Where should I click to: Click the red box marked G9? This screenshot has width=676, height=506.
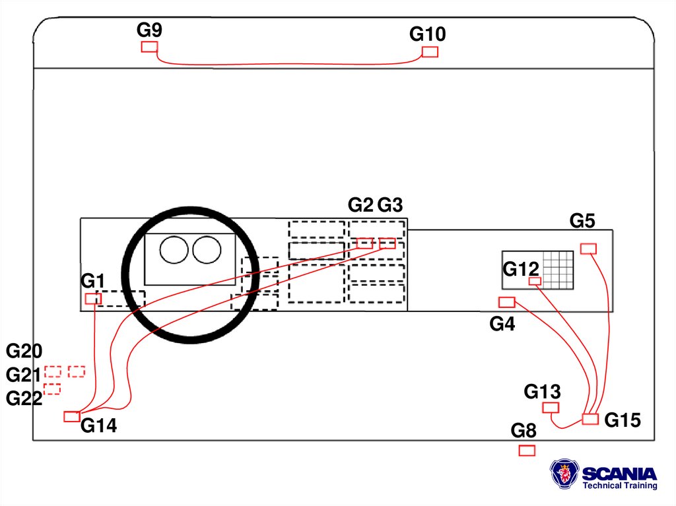click(150, 47)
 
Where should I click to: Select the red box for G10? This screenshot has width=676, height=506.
click(430, 52)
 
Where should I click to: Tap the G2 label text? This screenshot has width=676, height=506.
click(360, 205)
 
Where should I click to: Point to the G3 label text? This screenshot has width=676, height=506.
click(390, 205)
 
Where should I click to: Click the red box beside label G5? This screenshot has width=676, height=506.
click(588, 248)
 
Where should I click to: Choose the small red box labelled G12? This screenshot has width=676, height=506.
click(535, 282)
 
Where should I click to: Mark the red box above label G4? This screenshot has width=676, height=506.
click(506, 302)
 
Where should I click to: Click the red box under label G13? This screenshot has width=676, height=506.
click(551, 408)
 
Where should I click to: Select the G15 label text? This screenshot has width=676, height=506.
click(623, 420)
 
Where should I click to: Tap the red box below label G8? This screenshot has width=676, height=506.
click(527, 450)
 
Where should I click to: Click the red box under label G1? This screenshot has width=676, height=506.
click(93, 299)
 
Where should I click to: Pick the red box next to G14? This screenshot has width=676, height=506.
click(72, 416)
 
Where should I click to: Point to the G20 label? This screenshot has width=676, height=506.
click(24, 351)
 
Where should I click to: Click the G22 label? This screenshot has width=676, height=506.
click(24, 398)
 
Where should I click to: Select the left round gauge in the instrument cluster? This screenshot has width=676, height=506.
click(175, 251)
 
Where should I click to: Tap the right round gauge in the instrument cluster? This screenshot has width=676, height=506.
click(207, 251)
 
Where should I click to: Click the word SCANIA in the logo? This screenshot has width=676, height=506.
click(619, 474)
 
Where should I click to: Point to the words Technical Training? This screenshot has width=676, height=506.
click(619, 486)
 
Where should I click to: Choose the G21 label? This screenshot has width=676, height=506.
click(24, 375)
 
